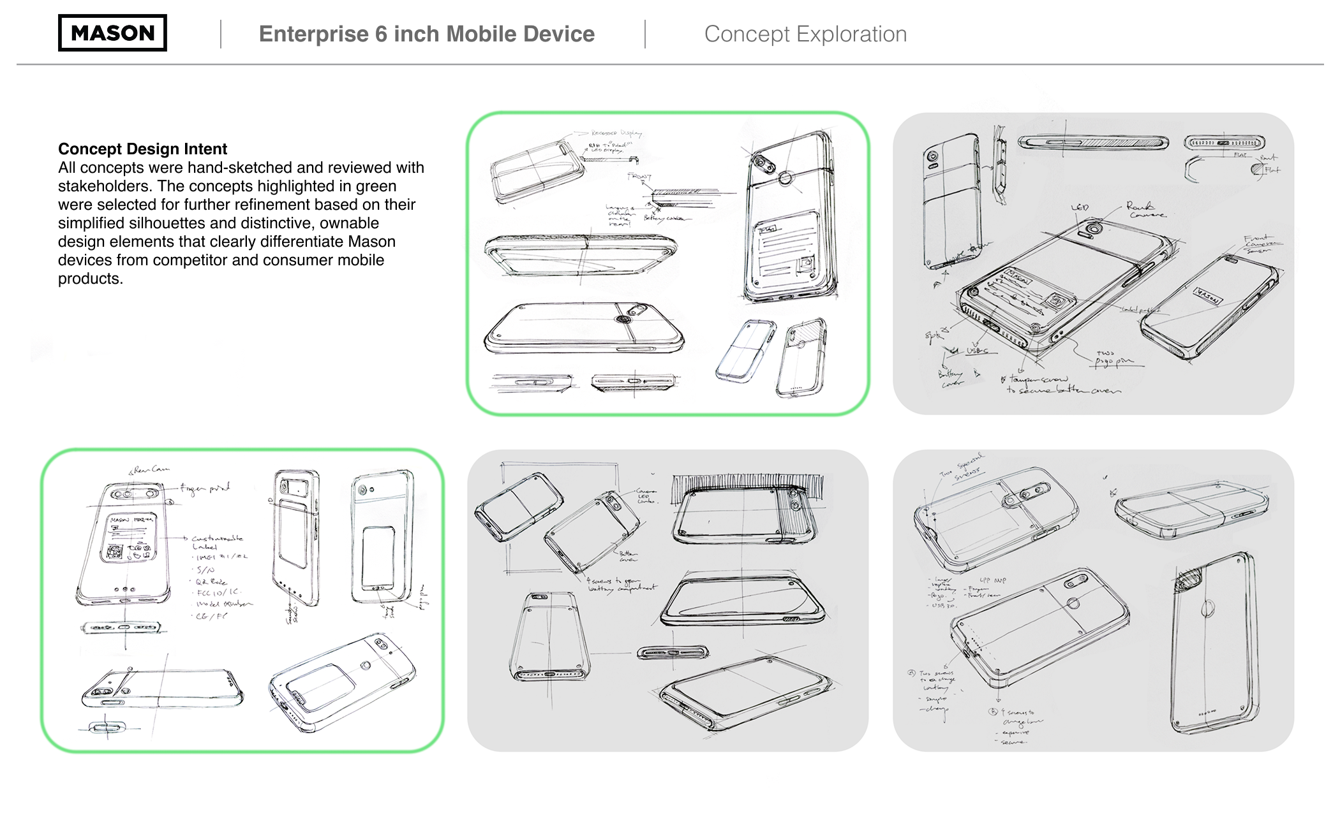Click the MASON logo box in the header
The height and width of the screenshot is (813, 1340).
pyautogui.click(x=112, y=33)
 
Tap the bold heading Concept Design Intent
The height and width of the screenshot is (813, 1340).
pyautogui.click(x=142, y=149)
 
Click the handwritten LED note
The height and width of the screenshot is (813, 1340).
pyautogui.click(x=1080, y=208)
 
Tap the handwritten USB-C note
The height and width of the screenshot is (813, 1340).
pyautogui.click(x=978, y=351)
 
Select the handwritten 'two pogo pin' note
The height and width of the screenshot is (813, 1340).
pyautogui.click(x=1113, y=358)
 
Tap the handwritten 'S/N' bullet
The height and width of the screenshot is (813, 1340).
pyautogui.click(x=205, y=569)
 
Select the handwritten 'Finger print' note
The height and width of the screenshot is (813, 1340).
pyautogui.click(x=205, y=488)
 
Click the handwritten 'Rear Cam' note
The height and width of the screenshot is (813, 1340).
pyautogui.click(x=151, y=470)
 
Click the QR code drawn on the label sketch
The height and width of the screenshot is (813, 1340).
pyautogui.click(x=115, y=552)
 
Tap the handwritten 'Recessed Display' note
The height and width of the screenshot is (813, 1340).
pyautogui.click(x=615, y=133)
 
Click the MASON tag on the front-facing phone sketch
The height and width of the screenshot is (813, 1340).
pyautogui.click(x=1207, y=296)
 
